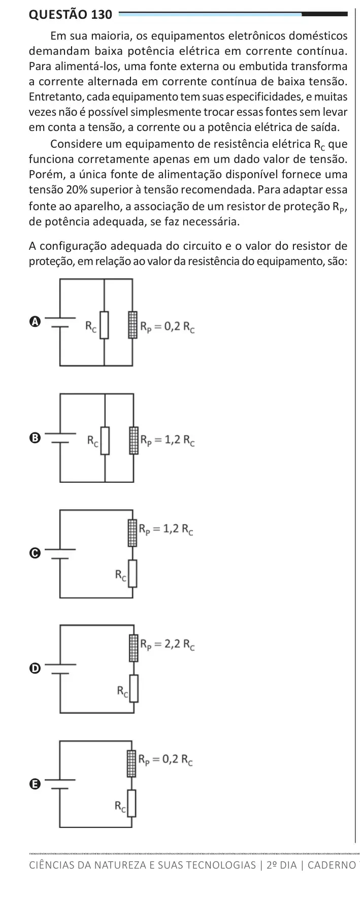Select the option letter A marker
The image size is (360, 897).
tap(35, 321)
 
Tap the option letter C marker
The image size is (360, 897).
tap(35, 553)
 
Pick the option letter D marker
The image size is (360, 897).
tap(35, 669)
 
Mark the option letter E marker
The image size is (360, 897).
tap(35, 784)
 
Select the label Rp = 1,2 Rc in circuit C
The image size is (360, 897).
tap(167, 529)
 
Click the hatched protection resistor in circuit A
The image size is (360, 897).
tap(133, 325)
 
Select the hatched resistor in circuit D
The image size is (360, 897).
tap(133, 647)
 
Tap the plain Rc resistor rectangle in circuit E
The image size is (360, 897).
tap(133, 803)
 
